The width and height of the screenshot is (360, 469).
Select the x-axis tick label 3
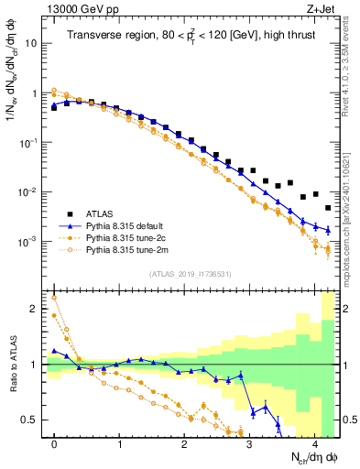(250, 444)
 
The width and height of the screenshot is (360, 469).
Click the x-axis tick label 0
(54, 444)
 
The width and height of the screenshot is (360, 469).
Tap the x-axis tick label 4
(315, 444)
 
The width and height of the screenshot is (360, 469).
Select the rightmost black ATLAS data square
(328, 208)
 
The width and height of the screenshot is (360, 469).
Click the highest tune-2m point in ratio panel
(54, 297)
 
